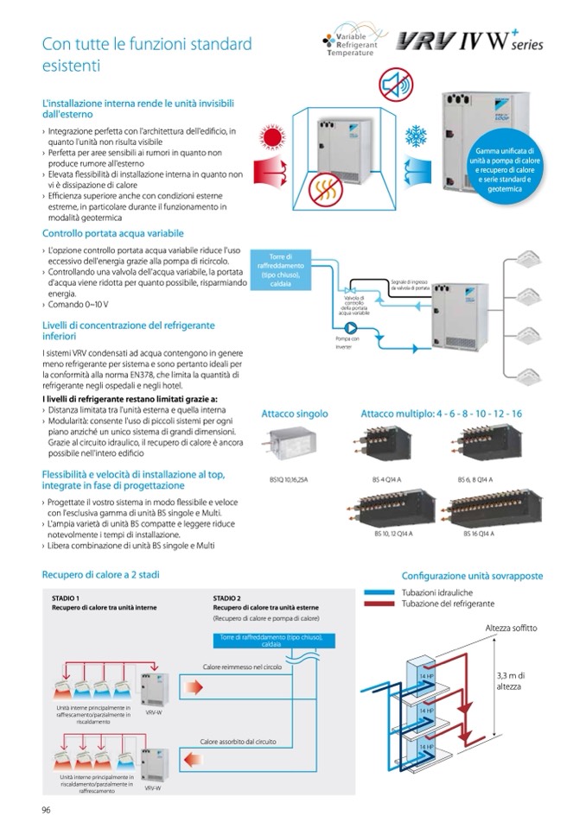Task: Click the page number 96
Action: (46, 808)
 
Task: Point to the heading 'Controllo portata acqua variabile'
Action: (112, 233)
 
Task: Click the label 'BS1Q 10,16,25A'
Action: (285, 478)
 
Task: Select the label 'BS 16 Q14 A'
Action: (475, 534)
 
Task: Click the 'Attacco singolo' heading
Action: (295, 414)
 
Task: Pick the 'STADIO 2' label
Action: (226, 597)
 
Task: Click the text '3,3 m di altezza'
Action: (512, 680)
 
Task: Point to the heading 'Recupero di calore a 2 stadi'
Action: (100, 574)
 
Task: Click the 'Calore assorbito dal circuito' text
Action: (239, 741)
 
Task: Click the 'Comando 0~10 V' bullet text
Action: (75, 305)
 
